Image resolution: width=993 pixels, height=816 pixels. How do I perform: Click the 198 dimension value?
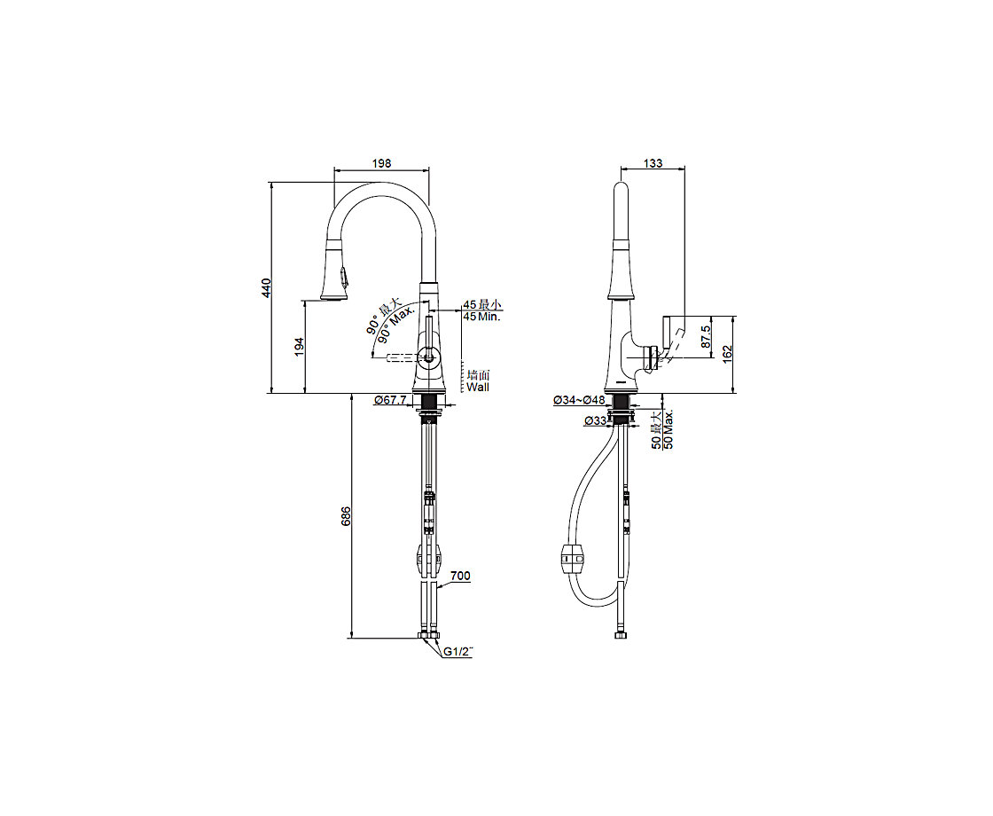click(x=381, y=163)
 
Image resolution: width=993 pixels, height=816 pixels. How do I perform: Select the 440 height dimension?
click(x=267, y=288)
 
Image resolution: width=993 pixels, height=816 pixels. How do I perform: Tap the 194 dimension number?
click(x=300, y=347)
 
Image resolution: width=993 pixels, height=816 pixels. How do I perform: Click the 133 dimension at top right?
click(x=653, y=163)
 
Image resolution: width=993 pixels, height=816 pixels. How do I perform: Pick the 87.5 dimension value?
click(x=707, y=338)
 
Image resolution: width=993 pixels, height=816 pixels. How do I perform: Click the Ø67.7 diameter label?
click(x=390, y=400)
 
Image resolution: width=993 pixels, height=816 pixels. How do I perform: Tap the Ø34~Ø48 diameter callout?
click(x=579, y=400)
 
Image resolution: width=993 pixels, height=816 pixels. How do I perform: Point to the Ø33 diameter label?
click(x=596, y=420)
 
